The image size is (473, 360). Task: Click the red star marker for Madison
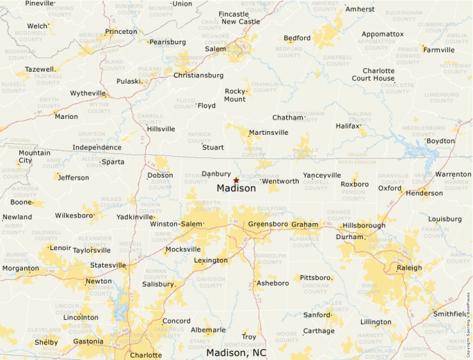tap(236, 180)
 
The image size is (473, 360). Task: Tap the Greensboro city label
tap(268, 224)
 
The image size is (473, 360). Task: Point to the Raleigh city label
tap(409, 267)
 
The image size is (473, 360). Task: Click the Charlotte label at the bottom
tap(146, 355)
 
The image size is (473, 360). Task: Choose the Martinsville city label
tap(269, 132)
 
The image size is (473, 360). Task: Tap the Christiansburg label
tap(198, 75)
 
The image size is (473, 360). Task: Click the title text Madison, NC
tap(236, 352)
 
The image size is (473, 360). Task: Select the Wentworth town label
tap(281, 181)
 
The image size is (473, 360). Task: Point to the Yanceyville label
tap(322, 175)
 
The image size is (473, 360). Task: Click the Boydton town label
tap(440, 140)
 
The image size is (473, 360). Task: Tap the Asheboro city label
tap(272, 283)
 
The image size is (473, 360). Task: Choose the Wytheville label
tap(88, 93)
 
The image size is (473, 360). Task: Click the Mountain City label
tap(34, 157)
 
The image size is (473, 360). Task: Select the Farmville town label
tap(439, 50)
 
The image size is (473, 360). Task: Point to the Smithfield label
tap(450, 313)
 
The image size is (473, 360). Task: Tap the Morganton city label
tap(21, 268)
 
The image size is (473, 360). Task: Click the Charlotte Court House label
tap(373, 75)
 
